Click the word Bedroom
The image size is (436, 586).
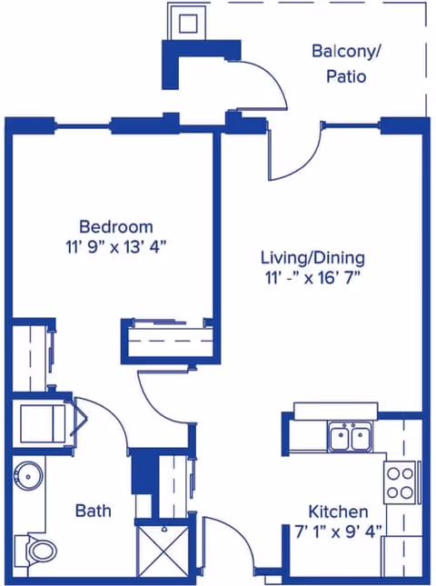point(115,226)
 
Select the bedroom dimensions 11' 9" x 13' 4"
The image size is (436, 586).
point(115,245)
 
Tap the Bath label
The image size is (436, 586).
point(93,511)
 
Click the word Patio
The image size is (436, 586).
point(345,76)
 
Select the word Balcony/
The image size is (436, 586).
point(345,51)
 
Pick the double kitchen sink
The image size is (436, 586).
point(349,436)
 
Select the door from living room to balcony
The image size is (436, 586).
point(295,154)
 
